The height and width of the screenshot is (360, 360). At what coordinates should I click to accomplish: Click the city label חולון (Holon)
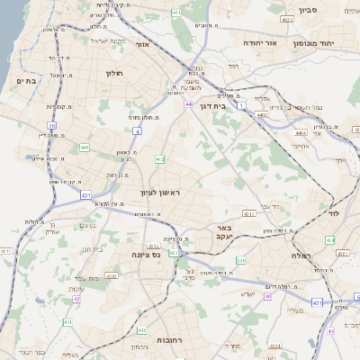coord(113,73)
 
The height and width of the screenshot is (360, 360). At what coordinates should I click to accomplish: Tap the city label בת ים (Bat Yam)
coord(25,81)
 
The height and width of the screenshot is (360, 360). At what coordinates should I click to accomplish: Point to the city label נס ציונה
coord(146,255)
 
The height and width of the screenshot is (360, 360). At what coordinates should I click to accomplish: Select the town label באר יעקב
coord(224,234)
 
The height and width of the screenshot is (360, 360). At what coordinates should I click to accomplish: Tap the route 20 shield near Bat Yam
coord(52,126)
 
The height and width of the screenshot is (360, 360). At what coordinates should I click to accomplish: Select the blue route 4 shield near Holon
coord(138,130)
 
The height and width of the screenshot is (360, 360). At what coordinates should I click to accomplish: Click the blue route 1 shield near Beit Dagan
coord(240,105)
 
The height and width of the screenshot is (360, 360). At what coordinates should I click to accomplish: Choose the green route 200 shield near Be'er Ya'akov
coord(241,260)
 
